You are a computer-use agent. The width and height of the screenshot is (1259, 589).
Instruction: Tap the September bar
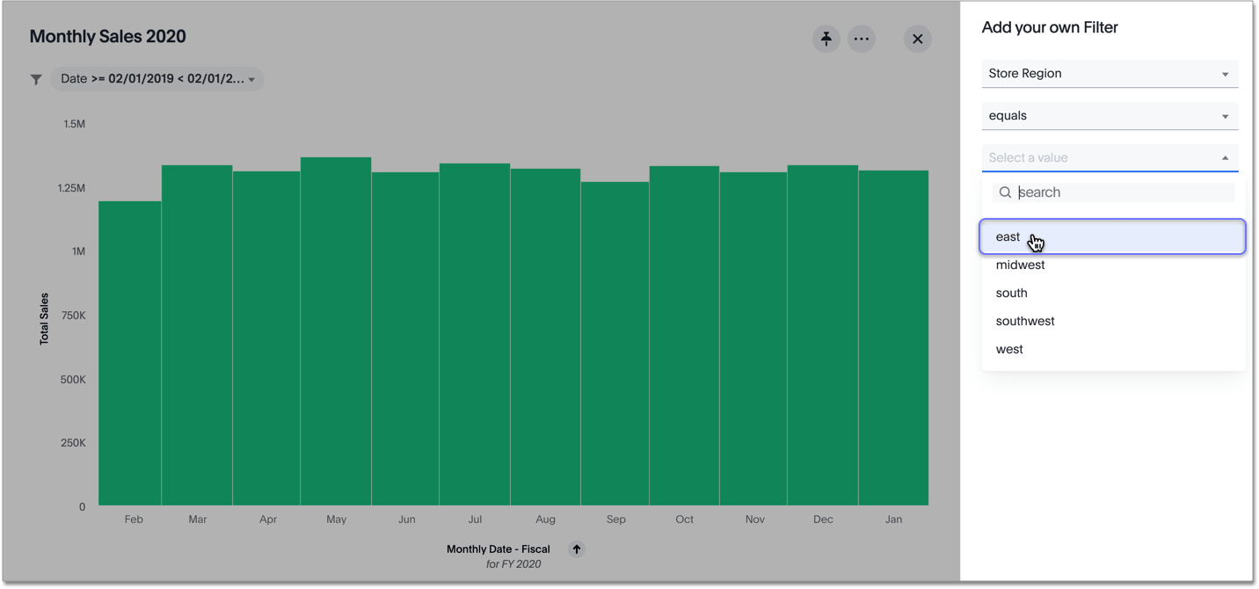pyautogui.click(x=615, y=344)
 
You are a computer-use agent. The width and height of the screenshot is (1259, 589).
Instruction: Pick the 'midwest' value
pyautogui.click(x=1021, y=265)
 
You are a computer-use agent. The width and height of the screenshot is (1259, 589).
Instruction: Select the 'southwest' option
pyautogui.click(x=1025, y=322)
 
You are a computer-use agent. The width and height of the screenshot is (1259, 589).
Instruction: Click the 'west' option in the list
pyautogui.click(x=1009, y=350)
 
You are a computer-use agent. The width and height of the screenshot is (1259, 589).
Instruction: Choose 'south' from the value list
pyautogui.click(x=1012, y=294)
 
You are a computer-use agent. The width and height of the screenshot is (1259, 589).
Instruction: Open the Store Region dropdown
pyautogui.click(x=1110, y=74)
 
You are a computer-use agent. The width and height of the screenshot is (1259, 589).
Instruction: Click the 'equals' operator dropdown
pyautogui.click(x=1110, y=116)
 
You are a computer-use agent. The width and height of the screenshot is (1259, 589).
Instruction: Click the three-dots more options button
pyautogui.click(x=862, y=39)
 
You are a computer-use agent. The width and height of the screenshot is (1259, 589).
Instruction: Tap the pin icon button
pyautogui.click(x=826, y=39)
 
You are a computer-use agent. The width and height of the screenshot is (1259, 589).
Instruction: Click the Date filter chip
pyautogui.click(x=157, y=79)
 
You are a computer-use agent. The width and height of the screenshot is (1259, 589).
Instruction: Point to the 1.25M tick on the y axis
pyautogui.click(x=71, y=188)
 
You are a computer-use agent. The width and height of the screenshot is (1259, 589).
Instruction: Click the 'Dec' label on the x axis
pyautogui.click(x=823, y=520)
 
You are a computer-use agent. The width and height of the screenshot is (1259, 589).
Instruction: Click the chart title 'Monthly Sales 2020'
pyautogui.click(x=108, y=37)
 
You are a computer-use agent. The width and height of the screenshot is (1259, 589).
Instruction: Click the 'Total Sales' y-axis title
pyautogui.click(x=44, y=318)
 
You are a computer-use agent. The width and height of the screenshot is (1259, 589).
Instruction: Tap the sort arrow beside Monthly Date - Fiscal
pyautogui.click(x=577, y=549)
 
